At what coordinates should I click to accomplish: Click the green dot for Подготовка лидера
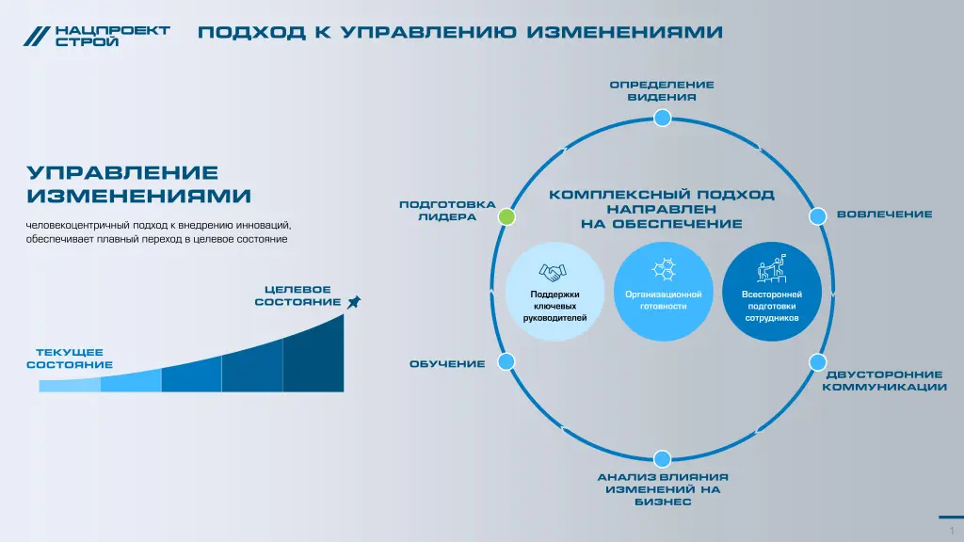506,216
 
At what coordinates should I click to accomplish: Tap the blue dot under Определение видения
662,118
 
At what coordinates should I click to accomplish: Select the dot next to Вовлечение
818,216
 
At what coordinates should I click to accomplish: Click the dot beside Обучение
506,361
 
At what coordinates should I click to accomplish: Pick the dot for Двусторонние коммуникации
818,362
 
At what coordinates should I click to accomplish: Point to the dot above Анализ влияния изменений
662,458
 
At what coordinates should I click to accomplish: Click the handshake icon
553,272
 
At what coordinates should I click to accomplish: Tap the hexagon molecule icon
664,269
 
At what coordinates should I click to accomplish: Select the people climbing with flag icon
772,268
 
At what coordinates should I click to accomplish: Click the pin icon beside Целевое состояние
354,302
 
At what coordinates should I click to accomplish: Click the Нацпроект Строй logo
97,37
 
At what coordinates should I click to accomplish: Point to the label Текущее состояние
70,359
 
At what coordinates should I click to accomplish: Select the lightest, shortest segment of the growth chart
70,385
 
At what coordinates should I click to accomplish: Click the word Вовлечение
885,215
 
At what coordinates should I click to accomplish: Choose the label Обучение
447,364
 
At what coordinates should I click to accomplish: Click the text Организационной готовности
664,300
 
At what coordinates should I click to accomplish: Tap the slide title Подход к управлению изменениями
459,32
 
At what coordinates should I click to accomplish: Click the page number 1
952,531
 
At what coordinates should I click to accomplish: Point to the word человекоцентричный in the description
78,226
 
